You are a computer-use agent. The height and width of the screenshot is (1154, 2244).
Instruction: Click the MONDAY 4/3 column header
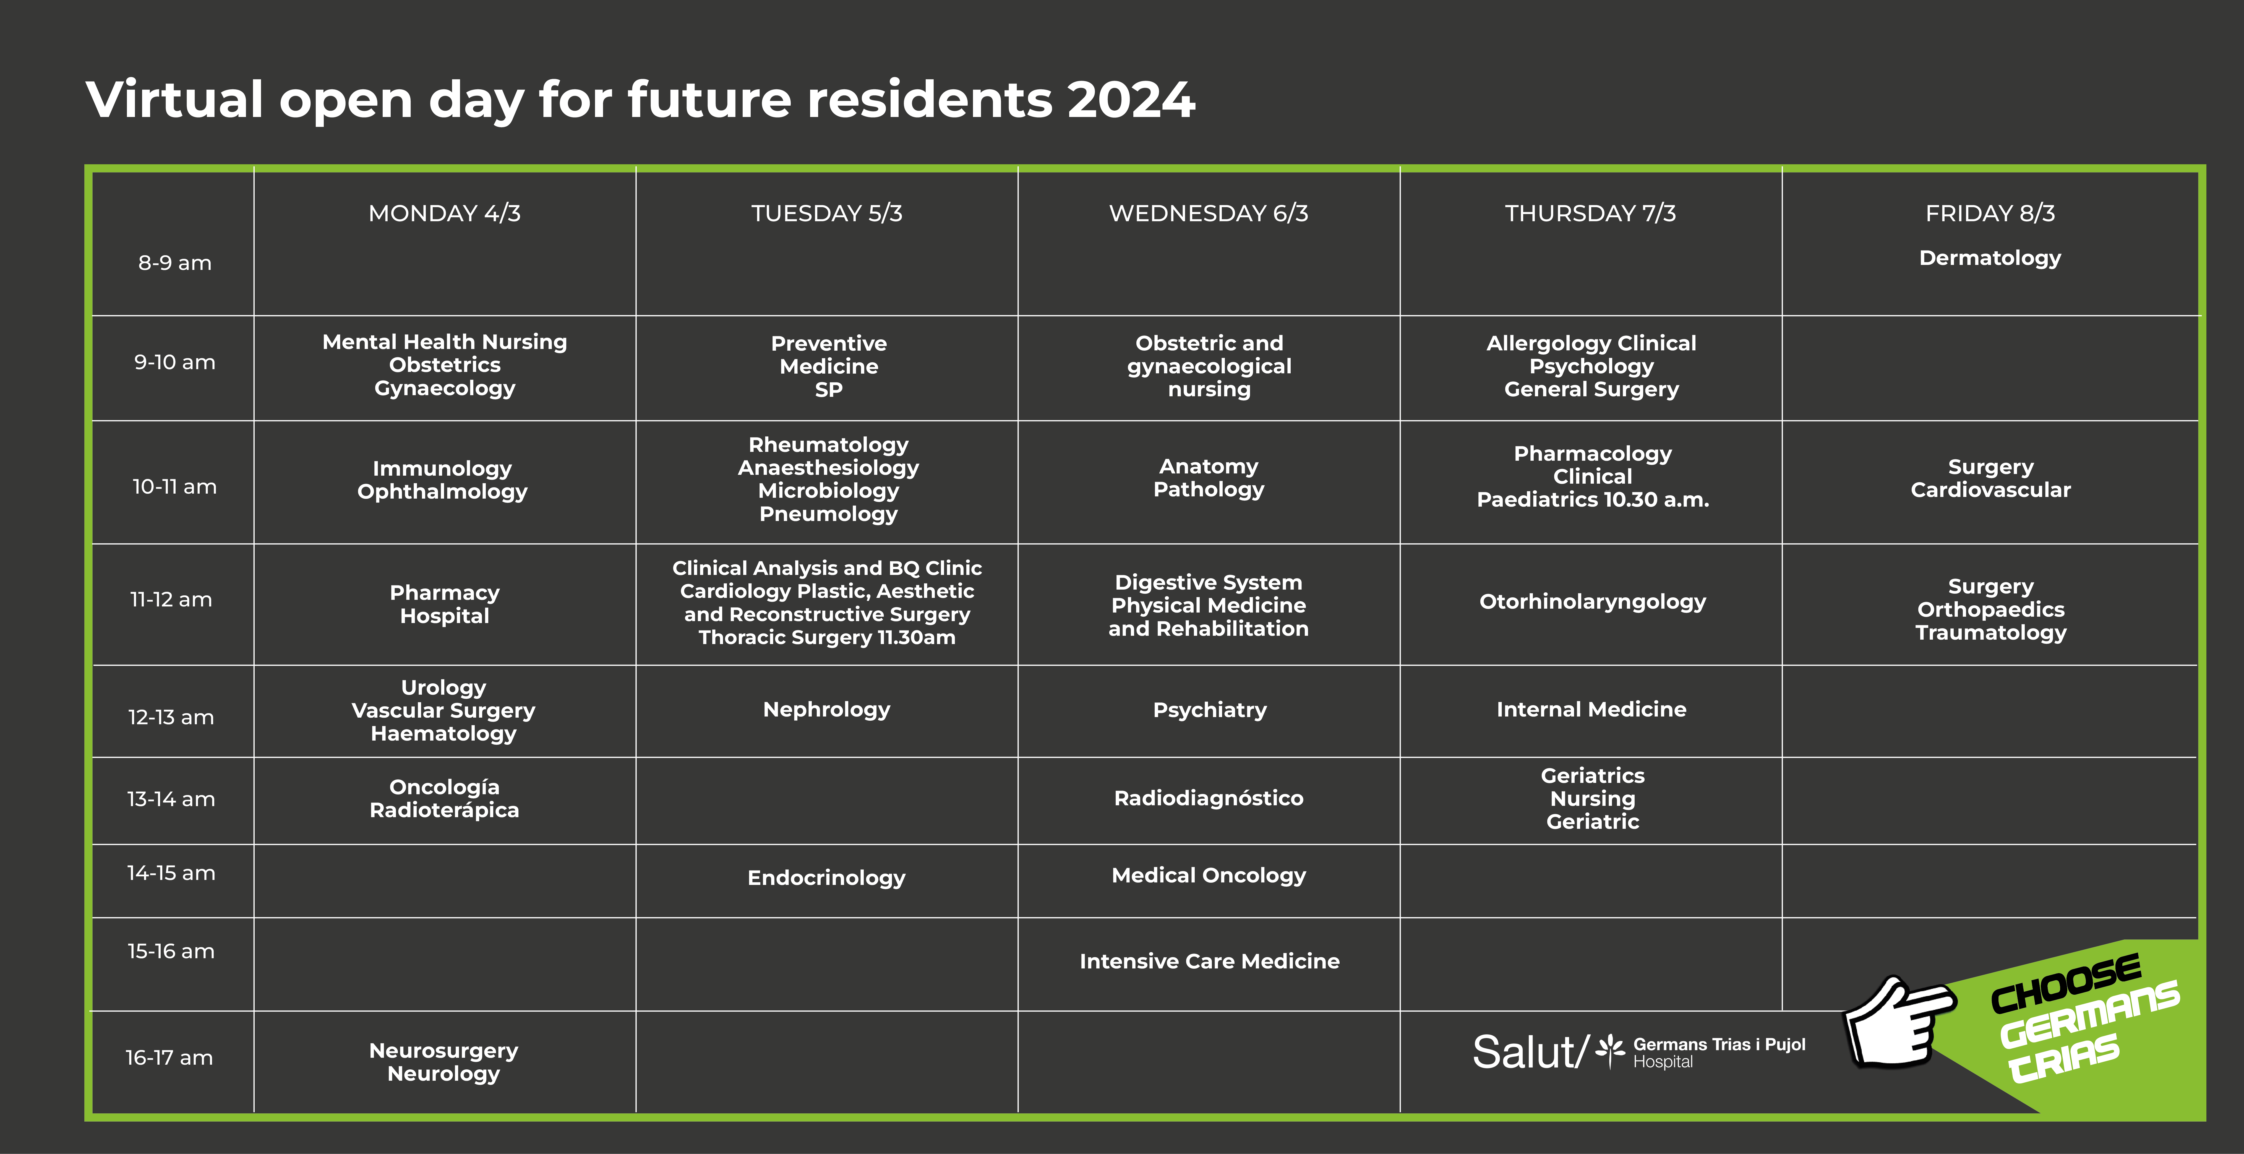tap(444, 213)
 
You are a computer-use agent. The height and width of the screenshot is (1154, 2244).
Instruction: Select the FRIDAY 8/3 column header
tap(1990, 213)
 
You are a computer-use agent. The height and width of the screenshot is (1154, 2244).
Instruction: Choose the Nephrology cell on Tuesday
tap(827, 710)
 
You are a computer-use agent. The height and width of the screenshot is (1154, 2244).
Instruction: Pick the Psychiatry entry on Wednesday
tap(1209, 710)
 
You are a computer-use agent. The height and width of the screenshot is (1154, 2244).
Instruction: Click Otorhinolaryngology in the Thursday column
tap(1592, 602)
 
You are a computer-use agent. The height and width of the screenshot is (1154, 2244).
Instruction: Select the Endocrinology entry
tap(827, 878)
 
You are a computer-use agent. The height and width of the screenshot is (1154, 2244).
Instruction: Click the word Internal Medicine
tap(1591, 710)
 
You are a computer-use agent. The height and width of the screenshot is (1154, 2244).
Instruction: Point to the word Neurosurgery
tap(443, 1051)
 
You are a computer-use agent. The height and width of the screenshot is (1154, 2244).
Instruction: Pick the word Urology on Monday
tap(443, 688)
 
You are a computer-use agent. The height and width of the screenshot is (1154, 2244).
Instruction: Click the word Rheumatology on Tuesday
tap(828, 445)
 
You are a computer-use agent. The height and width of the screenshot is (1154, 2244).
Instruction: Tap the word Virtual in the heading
tap(174, 99)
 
